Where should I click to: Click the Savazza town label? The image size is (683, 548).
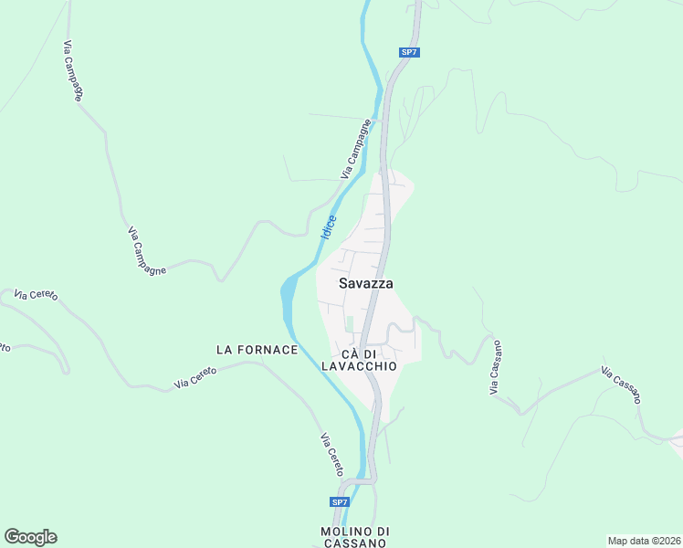click(365, 283)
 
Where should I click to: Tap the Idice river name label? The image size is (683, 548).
click(328, 227)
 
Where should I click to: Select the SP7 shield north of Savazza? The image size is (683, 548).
click(409, 52)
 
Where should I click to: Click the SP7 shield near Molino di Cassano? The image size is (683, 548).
click(340, 502)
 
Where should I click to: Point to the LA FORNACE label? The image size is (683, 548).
click(257, 350)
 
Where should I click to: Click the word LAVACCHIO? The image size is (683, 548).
click(360, 365)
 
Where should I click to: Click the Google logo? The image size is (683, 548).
click(30, 537)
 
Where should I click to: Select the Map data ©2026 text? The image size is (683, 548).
click(643, 541)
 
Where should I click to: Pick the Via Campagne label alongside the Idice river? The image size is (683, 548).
click(357, 149)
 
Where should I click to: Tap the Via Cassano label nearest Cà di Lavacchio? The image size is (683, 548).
click(496, 368)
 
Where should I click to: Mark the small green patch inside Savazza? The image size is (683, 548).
click(348, 324)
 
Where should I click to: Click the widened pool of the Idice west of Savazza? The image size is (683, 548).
click(288, 292)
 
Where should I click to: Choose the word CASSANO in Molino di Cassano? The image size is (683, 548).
click(355, 543)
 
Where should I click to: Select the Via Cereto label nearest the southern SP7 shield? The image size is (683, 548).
click(331, 454)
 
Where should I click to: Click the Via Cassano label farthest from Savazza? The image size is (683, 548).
click(621, 385)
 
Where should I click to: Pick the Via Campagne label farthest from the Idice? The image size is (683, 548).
click(75, 70)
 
